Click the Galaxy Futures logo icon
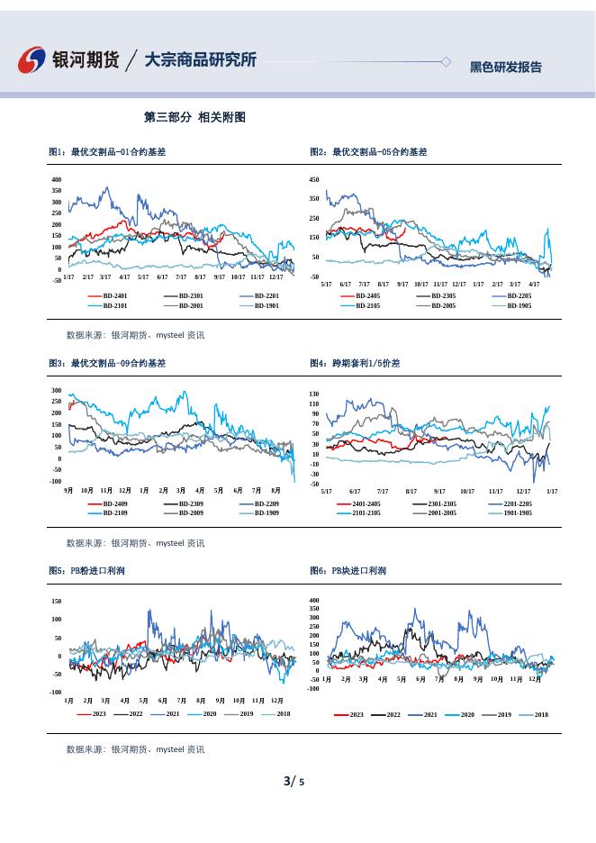coord(33,59)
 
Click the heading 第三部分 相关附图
coord(194,118)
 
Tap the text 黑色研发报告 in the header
coord(506,67)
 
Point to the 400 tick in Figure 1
coord(57,180)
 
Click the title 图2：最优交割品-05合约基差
coord(368,152)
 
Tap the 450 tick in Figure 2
coord(314,180)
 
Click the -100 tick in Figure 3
coord(56,482)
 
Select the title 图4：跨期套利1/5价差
coord(355,363)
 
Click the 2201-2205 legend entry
coord(518,503)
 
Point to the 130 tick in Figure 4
coord(313,394)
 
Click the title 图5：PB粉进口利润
coord(86,571)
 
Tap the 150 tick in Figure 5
coord(56,601)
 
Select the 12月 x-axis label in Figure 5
coord(277,700)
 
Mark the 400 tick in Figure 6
coord(313,600)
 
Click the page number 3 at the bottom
coord(287,780)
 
